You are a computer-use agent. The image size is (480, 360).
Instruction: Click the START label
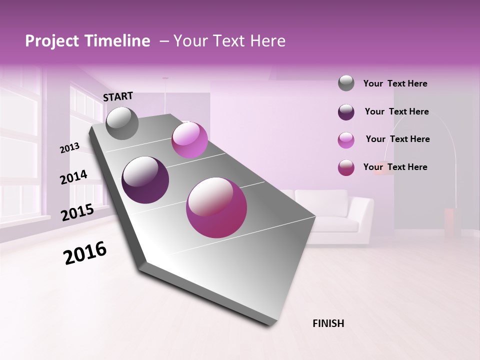(x=118, y=96)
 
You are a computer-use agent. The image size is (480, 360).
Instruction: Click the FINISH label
(x=328, y=323)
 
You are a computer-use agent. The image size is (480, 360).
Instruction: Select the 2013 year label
(x=69, y=148)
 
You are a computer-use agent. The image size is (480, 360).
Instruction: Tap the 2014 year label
(x=73, y=177)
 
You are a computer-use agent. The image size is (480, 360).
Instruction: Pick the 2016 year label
(x=85, y=253)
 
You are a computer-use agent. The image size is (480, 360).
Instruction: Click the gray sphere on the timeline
(x=122, y=123)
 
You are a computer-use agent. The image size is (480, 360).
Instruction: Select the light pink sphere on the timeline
(x=189, y=140)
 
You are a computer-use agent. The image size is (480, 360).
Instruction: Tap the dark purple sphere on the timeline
(x=145, y=180)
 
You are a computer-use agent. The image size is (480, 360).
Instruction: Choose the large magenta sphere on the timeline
(x=216, y=207)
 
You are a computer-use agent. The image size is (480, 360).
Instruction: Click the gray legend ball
(x=346, y=83)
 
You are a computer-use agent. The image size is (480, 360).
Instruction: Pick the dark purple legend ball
(x=346, y=112)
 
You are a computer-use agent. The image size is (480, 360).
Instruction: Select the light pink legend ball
(x=346, y=140)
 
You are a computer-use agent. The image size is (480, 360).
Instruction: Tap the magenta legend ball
(x=346, y=167)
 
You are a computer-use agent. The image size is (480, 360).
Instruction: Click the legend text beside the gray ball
(x=395, y=84)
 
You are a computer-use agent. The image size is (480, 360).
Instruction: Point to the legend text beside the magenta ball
(x=395, y=167)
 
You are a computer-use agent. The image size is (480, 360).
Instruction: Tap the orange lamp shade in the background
(x=384, y=169)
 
